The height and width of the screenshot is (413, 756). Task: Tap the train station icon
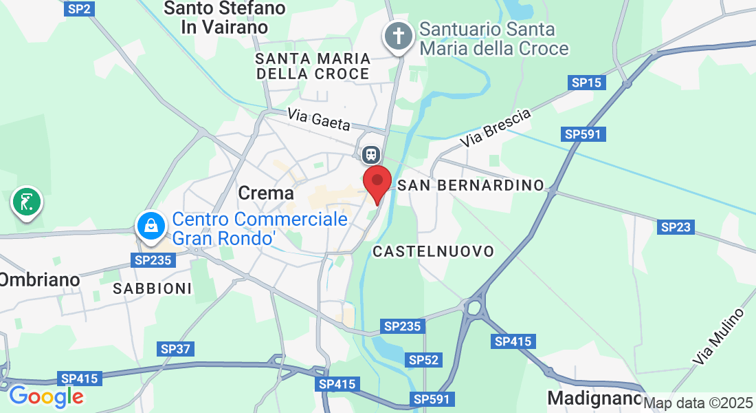(371, 153)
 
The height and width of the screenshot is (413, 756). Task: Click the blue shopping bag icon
(149, 226)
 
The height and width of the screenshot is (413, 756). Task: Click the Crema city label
(266, 193)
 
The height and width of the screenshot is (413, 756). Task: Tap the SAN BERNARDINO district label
(471, 186)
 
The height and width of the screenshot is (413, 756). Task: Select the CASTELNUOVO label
(433, 251)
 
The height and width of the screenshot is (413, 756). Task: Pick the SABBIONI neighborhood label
(153, 288)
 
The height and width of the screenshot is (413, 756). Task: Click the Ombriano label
(39, 279)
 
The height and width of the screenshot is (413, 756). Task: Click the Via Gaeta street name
(319, 119)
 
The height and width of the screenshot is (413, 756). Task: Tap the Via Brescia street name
(496, 128)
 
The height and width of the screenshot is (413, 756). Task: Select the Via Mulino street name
(718, 337)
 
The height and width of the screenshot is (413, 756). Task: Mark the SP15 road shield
(587, 83)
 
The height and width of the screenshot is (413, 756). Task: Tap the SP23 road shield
(675, 226)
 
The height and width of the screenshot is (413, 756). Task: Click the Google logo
(46, 396)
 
